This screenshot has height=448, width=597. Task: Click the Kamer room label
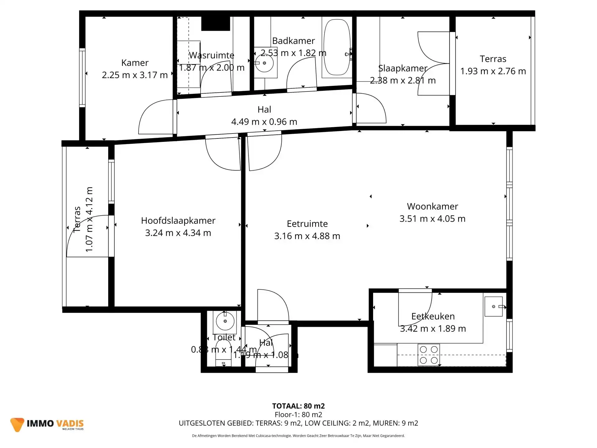pyautogui.click(x=135, y=63)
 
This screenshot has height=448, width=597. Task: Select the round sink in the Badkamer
pyautogui.click(x=264, y=63)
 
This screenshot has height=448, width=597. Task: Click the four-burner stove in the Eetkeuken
pyautogui.click(x=429, y=355)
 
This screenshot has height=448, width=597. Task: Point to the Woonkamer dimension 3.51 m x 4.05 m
pyautogui.click(x=432, y=219)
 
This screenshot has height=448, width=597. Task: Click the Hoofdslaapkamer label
pyautogui.click(x=178, y=221)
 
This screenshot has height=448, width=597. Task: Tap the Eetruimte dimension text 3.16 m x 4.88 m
pyautogui.click(x=307, y=236)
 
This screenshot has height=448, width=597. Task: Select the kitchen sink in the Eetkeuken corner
pyautogui.click(x=493, y=306)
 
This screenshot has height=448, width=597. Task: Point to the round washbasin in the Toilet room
pyautogui.click(x=225, y=321)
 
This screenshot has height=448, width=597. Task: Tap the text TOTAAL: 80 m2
pyautogui.click(x=298, y=406)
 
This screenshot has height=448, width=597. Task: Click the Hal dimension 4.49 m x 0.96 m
pyautogui.click(x=264, y=122)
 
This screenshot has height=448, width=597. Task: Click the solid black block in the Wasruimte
pyautogui.click(x=215, y=24)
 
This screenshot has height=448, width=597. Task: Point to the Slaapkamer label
pyautogui.click(x=403, y=68)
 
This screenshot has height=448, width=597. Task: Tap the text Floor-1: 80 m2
pyautogui.click(x=298, y=414)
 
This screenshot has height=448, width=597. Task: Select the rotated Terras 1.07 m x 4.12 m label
pyautogui.click(x=83, y=219)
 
